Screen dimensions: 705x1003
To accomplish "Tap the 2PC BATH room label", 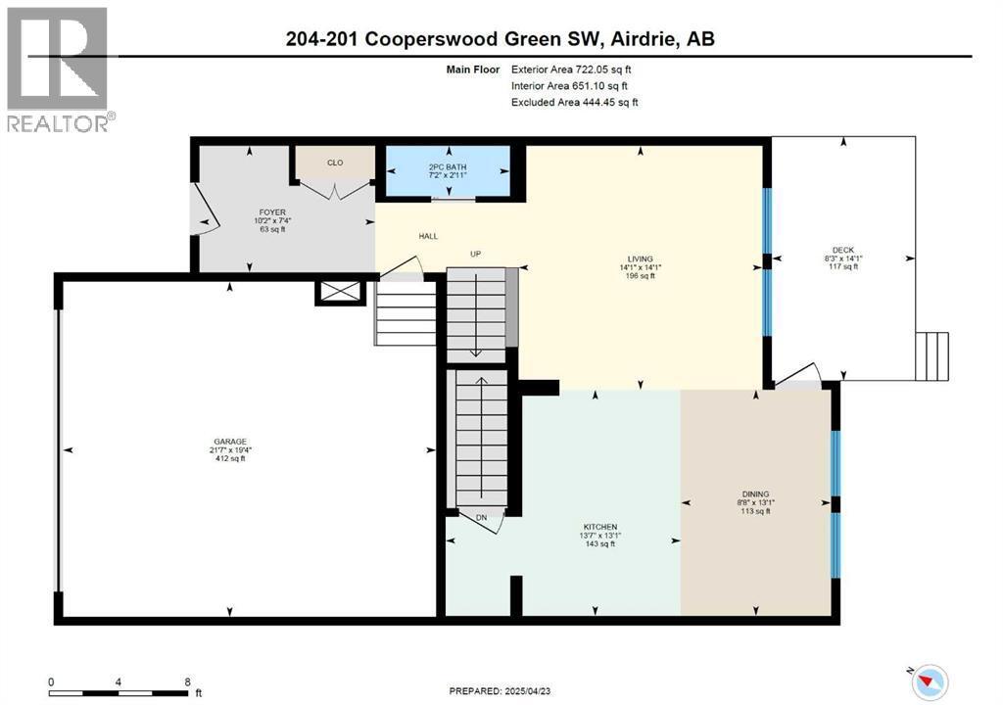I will tap(448, 167).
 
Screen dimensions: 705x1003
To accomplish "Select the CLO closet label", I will tap(334, 164).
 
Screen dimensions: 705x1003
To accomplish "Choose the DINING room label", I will tap(755, 494).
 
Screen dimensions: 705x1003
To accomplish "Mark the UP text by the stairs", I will tap(477, 255).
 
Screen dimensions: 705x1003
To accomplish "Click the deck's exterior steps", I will tap(931, 355).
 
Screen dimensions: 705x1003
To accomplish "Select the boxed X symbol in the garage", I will tap(340, 293).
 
